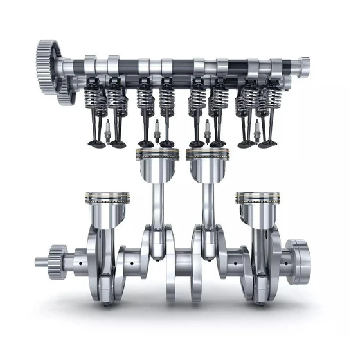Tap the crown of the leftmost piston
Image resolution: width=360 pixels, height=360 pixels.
point(107,195)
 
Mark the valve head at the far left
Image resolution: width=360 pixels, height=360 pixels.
point(95,143)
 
